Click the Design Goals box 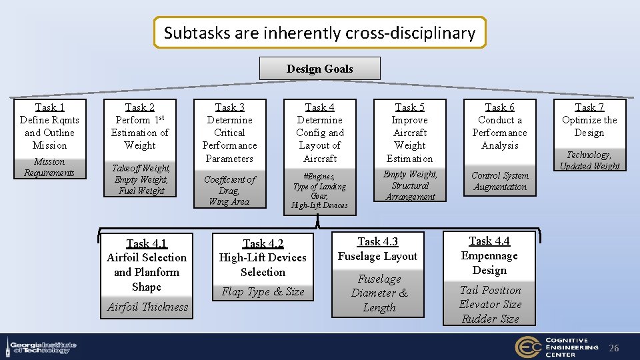[x=320, y=69]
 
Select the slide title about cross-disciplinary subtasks [x=320, y=33]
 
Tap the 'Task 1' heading [x=49, y=107]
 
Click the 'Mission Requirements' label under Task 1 [x=49, y=167]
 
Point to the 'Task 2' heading [x=140, y=107]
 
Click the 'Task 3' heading [x=229, y=107]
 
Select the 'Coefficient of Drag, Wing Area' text [x=229, y=190]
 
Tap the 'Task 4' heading [x=320, y=107]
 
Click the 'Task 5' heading [x=409, y=107]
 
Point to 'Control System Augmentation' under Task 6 [x=499, y=181]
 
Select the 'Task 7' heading [x=589, y=107]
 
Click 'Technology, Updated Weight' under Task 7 [x=589, y=161]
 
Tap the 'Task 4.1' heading [x=147, y=243]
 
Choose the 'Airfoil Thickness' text [x=147, y=307]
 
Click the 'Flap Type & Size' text [x=263, y=292]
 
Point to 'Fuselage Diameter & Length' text [x=379, y=293]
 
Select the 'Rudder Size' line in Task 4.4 [x=490, y=319]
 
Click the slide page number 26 [x=614, y=348]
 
